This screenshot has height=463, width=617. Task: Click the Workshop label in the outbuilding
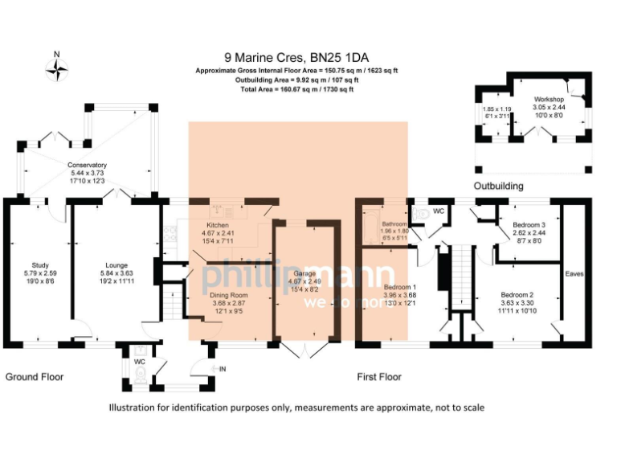tap(550, 99)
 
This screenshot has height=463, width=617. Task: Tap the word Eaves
tap(574, 273)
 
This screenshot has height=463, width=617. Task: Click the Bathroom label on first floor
tap(394, 224)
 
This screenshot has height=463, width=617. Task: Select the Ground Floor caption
tap(35, 376)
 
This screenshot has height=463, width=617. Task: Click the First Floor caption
tap(379, 376)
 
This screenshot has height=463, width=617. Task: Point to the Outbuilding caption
tap(498, 186)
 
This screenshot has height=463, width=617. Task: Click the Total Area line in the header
tap(297, 89)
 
